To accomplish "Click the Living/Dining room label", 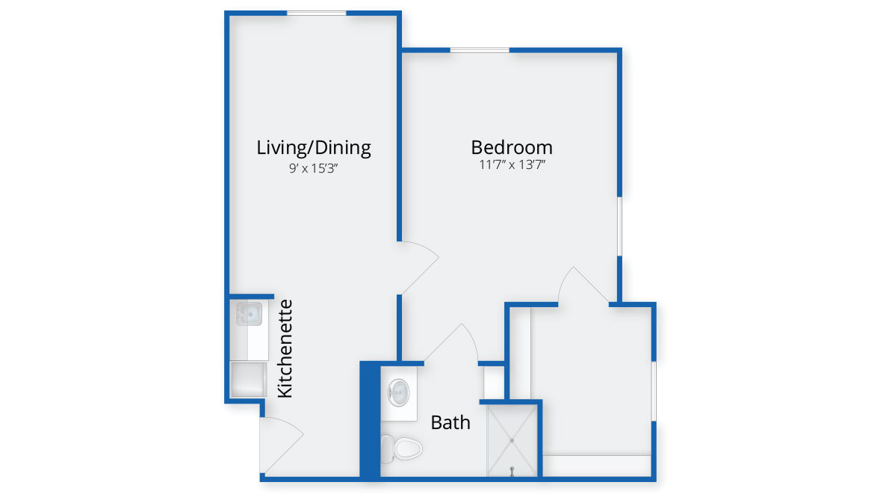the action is (314, 148).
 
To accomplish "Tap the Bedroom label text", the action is (512, 147).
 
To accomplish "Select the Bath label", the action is (450, 422).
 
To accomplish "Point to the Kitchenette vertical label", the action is (285, 348).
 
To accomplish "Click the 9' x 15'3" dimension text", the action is (314, 168).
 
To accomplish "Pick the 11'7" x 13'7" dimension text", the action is (512, 165).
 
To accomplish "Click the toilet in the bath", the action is (401, 448).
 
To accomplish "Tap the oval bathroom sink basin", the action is (399, 392).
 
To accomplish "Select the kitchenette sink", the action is (250, 313).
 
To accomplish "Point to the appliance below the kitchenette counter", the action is (248, 380).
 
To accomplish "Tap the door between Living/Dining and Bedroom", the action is (418, 268).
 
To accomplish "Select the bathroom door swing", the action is (452, 342).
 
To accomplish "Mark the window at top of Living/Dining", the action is (316, 13).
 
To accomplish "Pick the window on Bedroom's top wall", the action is (480, 51).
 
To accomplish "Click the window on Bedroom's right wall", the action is (620, 226).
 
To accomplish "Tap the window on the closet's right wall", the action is (654, 391).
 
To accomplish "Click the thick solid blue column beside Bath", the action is (370, 421).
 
